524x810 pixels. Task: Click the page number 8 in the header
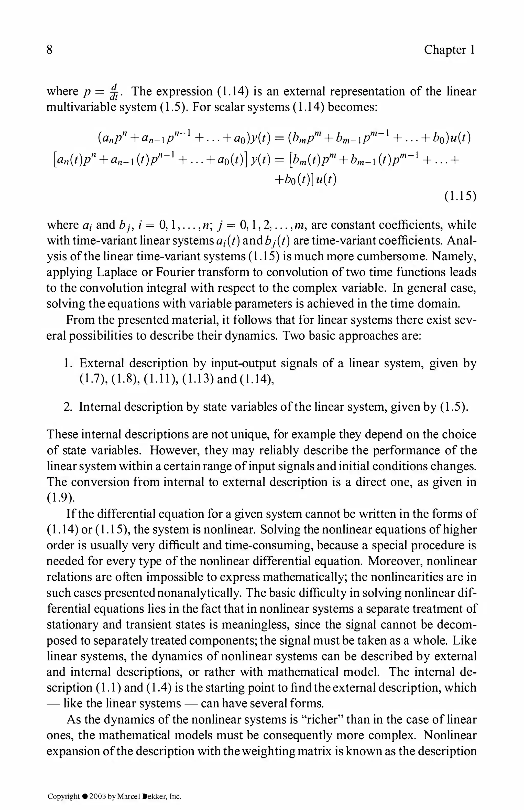click(50, 50)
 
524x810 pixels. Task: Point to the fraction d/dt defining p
click(114, 92)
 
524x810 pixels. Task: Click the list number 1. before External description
click(67, 364)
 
